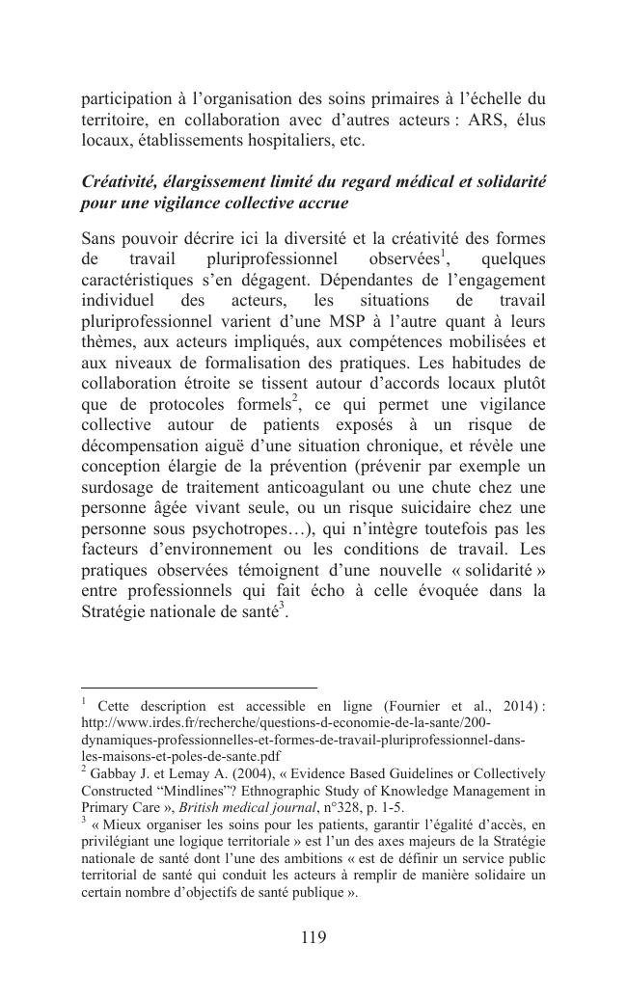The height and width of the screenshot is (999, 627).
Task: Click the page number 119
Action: pos(313,936)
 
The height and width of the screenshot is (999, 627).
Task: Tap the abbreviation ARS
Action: pos(475,119)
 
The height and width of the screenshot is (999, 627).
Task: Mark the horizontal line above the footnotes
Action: pos(199,688)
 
